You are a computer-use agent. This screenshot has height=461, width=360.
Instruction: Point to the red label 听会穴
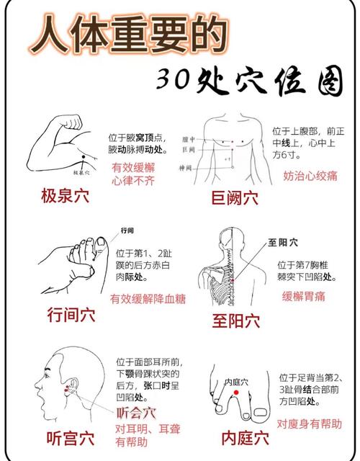pyautogui.click(x=136, y=413)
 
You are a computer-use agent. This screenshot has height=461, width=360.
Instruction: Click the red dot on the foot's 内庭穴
pyautogui.click(x=235, y=391)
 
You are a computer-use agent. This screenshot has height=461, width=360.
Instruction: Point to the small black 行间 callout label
pyautogui.click(x=127, y=230)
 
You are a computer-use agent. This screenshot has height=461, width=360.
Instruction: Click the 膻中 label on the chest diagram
pyautogui.click(x=189, y=138)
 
